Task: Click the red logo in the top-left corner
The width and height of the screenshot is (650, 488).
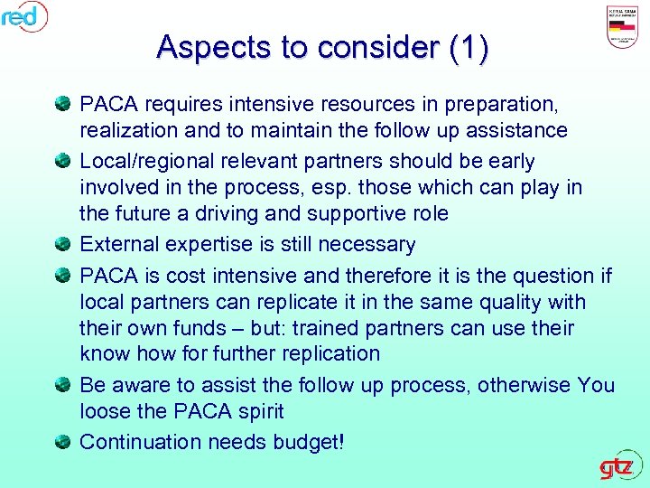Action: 23,15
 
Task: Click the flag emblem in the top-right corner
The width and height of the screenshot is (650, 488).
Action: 625,27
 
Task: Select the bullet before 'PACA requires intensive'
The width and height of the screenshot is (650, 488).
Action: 63,104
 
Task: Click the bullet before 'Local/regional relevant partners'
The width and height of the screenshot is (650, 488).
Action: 63,162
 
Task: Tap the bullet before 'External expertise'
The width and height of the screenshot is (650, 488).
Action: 63,244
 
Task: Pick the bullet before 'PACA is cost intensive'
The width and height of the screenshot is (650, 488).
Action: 63,275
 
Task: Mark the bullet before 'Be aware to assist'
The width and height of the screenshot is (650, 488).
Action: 63,386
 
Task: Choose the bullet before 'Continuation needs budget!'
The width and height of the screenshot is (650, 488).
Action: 63,442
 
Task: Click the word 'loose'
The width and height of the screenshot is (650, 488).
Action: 106,412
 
